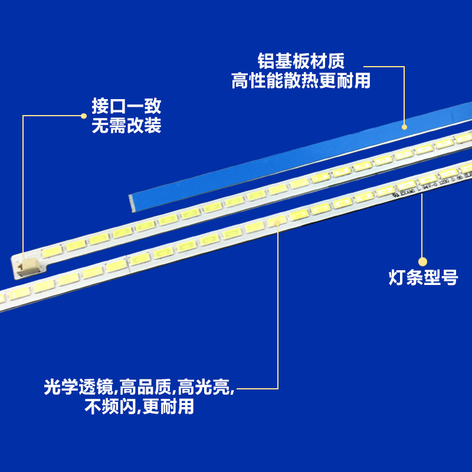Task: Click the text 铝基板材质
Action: [x=301, y=61]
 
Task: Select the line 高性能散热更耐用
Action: [x=301, y=80]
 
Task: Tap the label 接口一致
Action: [x=126, y=107]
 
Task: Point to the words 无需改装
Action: [x=126, y=126]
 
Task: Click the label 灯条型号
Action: [x=423, y=278]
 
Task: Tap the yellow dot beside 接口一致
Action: [x=84, y=116]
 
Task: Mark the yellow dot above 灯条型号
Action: [x=422, y=261]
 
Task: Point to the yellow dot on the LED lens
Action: [x=278, y=223]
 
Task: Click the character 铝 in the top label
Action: [x=265, y=61]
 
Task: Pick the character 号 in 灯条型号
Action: [x=450, y=278]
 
